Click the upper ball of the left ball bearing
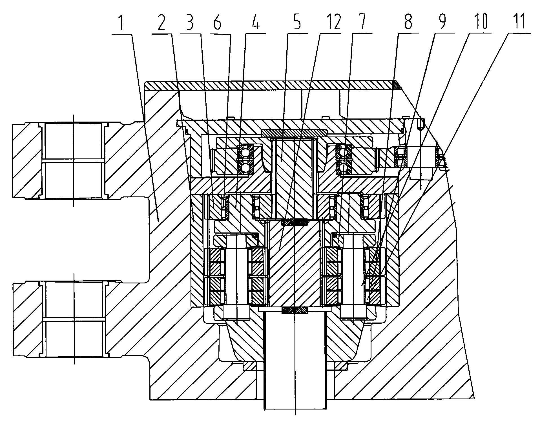point(244,153)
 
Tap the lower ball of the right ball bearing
point(343,169)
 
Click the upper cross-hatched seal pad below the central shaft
point(294,223)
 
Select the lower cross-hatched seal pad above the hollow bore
point(295,310)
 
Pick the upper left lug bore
point(74,161)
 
